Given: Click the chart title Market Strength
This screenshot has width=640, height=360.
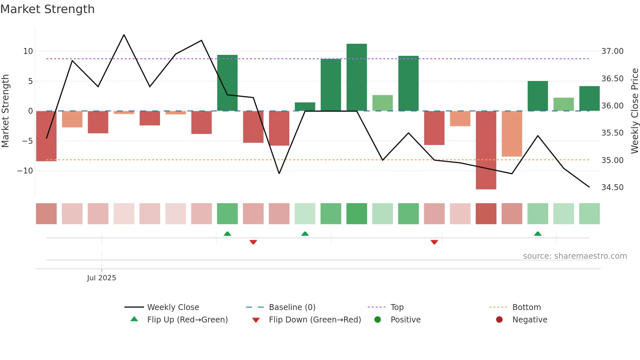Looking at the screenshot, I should click(47, 9).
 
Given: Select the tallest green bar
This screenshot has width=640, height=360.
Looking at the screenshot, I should click(357, 77).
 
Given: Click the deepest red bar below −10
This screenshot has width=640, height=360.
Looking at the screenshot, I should click(486, 150).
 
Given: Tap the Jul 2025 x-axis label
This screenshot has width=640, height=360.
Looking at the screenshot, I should click(102, 278).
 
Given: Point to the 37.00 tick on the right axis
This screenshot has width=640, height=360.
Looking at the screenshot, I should click(612, 51).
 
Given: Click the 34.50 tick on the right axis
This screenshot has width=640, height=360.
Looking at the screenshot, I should click(612, 188).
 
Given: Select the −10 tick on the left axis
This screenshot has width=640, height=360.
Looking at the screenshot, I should click(25, 171).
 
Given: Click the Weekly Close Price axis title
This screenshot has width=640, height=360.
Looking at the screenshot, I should click(634, 111).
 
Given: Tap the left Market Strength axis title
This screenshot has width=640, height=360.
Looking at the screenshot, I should click(6, 111).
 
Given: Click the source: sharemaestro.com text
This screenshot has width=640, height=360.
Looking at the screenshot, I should click(575, 256).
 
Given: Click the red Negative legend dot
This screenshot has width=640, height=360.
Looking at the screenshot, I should click(499, 319).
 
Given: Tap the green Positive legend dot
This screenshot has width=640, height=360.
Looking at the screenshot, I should click(377, 319).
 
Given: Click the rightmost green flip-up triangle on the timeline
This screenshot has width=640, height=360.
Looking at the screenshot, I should click(538, 234).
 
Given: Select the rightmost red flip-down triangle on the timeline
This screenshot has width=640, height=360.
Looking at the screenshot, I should click(434, 242).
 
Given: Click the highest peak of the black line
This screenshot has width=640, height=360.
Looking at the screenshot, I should click(124, 35).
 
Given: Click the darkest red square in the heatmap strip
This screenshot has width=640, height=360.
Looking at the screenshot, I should click(486, 214).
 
